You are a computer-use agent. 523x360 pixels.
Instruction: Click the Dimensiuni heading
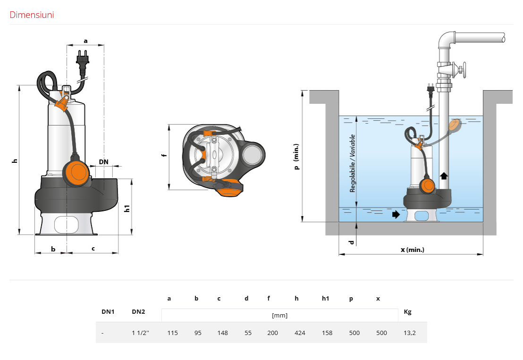pos(32,15)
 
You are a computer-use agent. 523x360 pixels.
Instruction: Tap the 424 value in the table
pos(300,333)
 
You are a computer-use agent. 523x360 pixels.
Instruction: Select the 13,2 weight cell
pos(410,333)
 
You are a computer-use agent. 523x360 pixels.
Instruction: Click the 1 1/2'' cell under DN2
pos(140,333)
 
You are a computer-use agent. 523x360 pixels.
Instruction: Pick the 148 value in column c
pos(222,333)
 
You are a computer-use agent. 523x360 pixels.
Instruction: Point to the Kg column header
pos(408,312)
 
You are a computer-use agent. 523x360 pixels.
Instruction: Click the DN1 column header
pos(108,312)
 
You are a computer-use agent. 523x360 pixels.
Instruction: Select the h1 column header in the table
pos(326,298)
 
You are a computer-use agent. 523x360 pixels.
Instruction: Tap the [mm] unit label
pos(279,315)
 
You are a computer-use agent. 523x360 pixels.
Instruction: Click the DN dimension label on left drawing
pos(104,162)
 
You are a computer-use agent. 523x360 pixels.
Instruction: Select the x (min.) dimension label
pos(413,250)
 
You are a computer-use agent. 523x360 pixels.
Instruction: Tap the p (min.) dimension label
pos(296,157)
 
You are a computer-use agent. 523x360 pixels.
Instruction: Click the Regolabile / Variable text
pos(352,163)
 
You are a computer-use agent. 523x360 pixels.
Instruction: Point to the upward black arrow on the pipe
pos(444,176)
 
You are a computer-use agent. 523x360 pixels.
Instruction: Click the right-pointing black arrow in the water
pos(396,214)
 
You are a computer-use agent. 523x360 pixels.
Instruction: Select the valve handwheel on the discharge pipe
pos(464,70)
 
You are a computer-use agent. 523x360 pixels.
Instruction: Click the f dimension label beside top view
pos(163,155)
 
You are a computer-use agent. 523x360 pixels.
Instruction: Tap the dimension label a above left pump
pos(86,41)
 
